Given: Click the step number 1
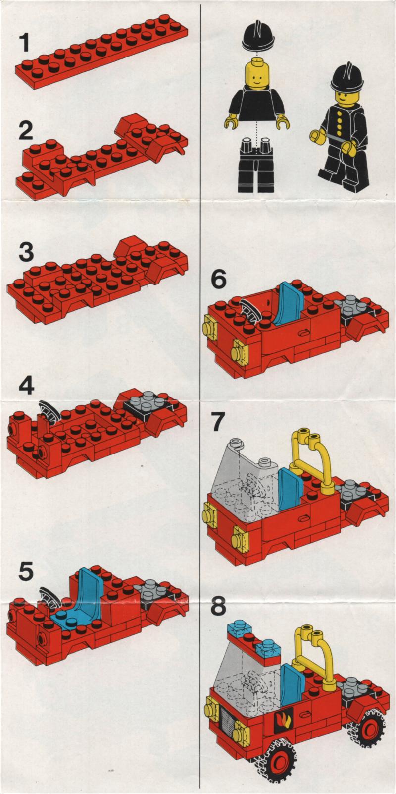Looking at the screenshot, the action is pyautogui.click(x=24, y=43).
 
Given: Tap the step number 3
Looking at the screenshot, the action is pyautogui.click(x=26, y=252).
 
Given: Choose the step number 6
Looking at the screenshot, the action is pyautogui.click(x=218, y=281).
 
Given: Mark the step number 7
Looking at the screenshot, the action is pyautogui.click(x=218, y=422).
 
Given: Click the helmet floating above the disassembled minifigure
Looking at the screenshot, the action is pyautogui.click(x=258, y=36).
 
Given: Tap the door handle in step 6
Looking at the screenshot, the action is pyautogui.click(x=303, y=333).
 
